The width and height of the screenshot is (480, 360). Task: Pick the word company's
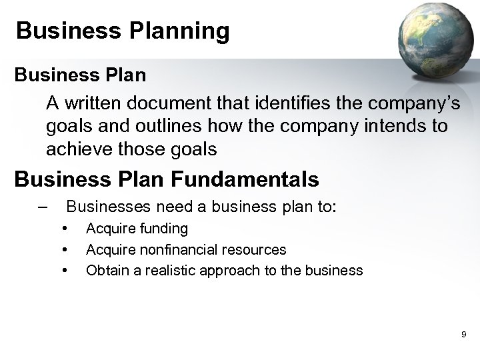[x=406, y=103]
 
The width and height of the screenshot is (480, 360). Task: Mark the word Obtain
[x=106, y=271]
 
